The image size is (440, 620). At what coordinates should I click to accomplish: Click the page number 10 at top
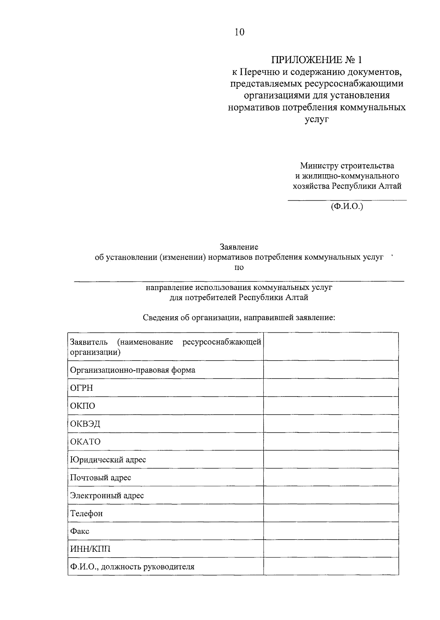(x=239, y=32)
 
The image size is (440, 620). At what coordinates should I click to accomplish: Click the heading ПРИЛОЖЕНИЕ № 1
(x=318, y=59)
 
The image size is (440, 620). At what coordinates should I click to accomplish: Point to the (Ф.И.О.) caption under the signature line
(x=346, y=206)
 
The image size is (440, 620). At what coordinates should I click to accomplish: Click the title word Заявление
(x=239, y=247)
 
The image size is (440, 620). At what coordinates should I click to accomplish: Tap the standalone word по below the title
(x=239, y=267)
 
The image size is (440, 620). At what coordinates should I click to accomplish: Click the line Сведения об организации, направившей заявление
(x=239, y=317)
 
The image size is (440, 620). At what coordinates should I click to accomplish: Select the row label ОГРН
(x=81, y=388)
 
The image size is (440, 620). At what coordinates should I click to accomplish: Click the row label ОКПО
(x=82, y=406)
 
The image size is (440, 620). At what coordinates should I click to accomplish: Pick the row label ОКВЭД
(x=85, y=424)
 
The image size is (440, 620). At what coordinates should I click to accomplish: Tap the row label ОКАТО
(x=85, y=441)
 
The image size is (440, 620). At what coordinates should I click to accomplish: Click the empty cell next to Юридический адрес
(x=331, y=459)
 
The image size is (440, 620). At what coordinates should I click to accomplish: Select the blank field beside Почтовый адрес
(x=331, y=477)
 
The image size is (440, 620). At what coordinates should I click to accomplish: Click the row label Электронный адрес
(x=107, y=495)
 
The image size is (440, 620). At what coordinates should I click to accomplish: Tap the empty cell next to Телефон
(x=331, y=513)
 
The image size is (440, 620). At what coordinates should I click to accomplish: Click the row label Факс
(x=80, y=531)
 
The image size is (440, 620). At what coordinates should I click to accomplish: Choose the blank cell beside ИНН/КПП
(x=331, y=549)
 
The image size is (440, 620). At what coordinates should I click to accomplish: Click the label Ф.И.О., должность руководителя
(x=132, y=567)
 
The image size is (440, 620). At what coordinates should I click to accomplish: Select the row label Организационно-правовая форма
(x=132, y=370)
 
